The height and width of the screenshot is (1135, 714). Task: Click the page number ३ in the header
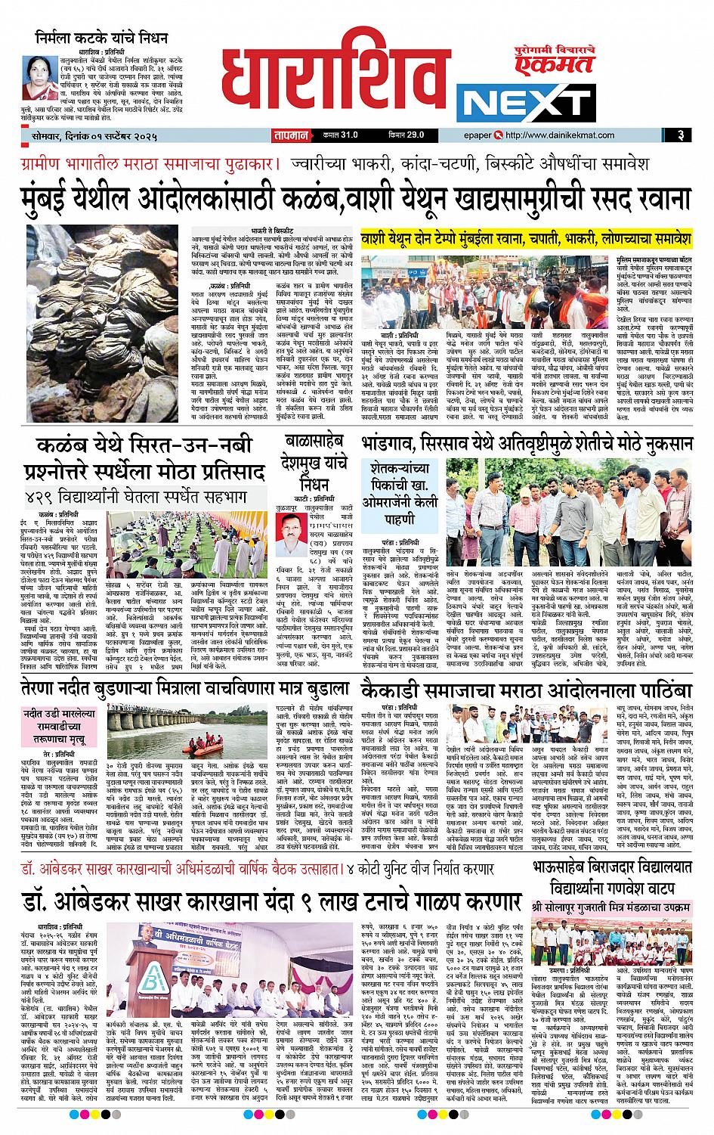pyautogui.click(x=680, y=135)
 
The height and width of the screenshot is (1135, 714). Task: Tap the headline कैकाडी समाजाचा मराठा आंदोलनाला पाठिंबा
pyautogui.click(x=527, y=691)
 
